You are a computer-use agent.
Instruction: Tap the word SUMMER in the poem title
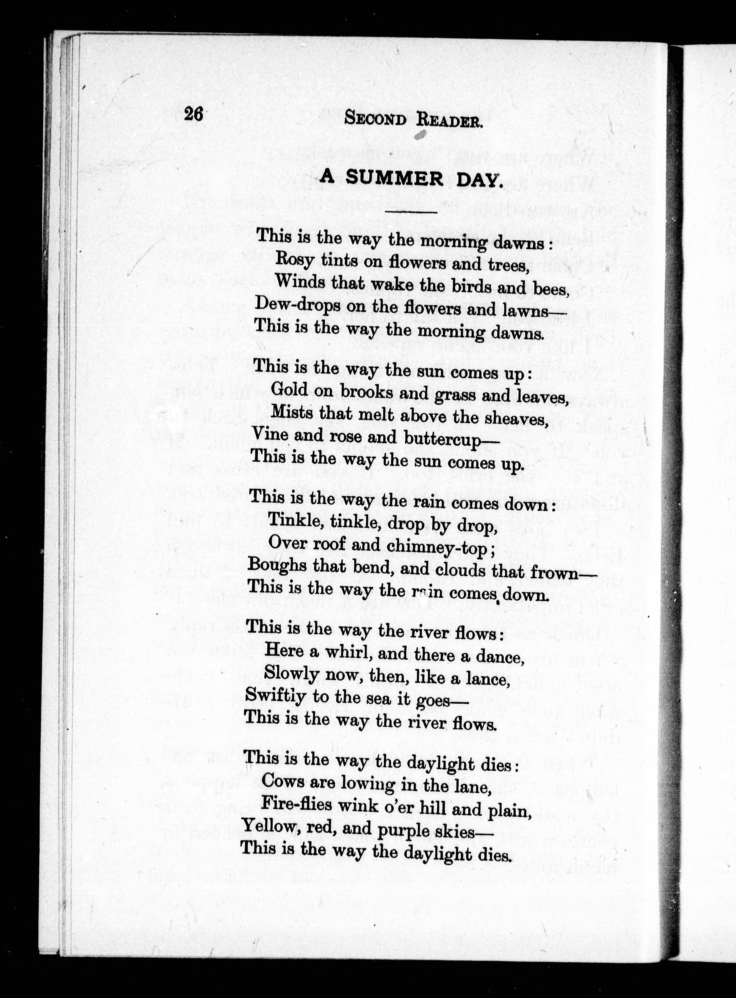394,178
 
